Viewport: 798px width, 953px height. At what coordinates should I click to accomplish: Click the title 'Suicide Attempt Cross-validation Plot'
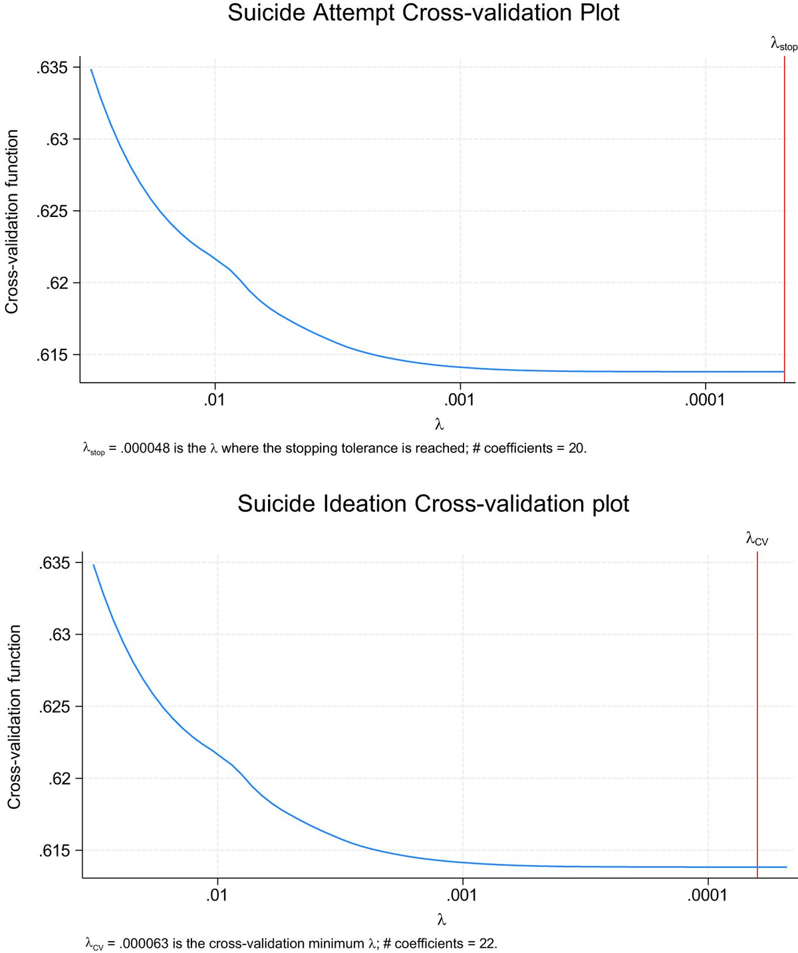click(424, 13)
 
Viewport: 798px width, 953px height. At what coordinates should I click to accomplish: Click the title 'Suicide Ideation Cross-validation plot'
click(433, 504)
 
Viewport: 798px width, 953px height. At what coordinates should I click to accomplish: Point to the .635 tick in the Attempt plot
click(53, 68)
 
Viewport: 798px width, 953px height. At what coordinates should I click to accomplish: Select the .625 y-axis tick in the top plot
click(53, 212)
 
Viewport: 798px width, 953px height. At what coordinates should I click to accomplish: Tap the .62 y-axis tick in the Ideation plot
click(58, 779)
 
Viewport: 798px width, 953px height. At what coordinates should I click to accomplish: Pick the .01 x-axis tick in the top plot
click(214, 400)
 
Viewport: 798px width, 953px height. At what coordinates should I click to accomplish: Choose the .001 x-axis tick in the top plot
click(460, 400)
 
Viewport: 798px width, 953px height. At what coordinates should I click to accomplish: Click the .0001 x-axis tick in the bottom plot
click(708, 895)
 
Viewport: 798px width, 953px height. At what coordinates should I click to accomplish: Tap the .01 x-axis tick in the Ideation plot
click(217, 895)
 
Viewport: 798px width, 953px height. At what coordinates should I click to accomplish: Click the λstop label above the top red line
click(783, 45)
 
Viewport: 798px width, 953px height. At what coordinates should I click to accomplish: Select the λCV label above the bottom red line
click(757, 539)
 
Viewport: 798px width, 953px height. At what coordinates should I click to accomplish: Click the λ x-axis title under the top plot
click(439, 424)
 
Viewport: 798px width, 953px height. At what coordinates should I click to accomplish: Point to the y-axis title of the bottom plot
click(15, 716)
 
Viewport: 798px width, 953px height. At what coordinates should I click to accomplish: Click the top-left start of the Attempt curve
click(92, 70)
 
